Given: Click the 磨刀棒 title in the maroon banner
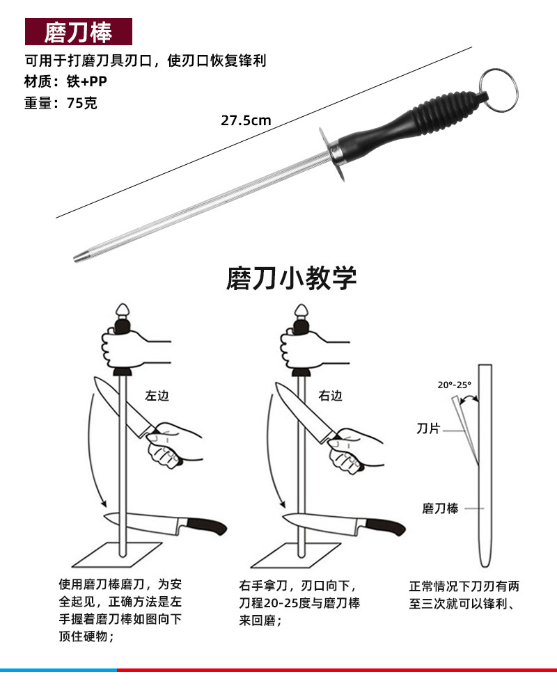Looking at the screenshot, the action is (x=78, y=32).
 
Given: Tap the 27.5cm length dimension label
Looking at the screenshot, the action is (x=246, y=120).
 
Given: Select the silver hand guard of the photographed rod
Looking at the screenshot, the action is (x=331, y=154).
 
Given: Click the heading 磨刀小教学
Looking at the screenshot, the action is (x=292, y=278).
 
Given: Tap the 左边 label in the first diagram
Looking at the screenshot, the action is (x=157, y=396).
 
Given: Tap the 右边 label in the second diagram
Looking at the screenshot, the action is (x=331, y=396).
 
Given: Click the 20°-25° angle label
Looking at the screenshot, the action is (x=454, y=385).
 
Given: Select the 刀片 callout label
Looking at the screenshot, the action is (x=428, y=428).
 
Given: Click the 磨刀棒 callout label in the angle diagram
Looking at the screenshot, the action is (x=441, y=508).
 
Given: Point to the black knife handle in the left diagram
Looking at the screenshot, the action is (x=207, y=526).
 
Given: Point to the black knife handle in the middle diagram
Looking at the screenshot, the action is (x=386, y=526).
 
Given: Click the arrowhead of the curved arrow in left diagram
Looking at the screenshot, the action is (x=103, y=502).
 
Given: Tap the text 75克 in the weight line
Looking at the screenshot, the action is (x=82, y=103).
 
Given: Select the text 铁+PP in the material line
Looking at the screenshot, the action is (x=87, y=81).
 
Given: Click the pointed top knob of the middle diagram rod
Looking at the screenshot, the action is (x=301, y=310).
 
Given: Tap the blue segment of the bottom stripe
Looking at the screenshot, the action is (x=58, y=670).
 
